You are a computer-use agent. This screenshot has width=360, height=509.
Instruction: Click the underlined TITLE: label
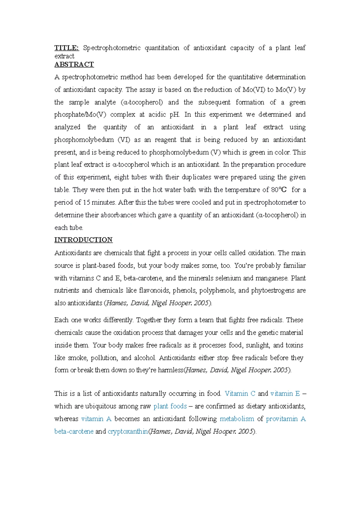[x=67, y=48]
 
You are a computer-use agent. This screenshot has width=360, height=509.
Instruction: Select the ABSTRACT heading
[x=74, y=64]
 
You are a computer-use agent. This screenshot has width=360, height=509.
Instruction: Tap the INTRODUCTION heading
[x=83, y=240]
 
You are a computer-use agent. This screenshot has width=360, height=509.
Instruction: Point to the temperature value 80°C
[x=277, y=190]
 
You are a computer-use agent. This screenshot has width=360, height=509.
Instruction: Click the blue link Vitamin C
[x=240, y=394]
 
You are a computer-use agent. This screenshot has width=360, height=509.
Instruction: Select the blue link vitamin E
[x=285, y=394]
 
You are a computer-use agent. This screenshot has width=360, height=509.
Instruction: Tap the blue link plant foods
[x=170, y=406]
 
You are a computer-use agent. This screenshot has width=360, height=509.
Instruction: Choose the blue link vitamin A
[x=96, y=419]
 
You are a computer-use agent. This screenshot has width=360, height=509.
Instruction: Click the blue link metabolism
[x=237, y=419]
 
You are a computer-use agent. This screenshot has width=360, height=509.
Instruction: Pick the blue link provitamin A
[x=286, y=419]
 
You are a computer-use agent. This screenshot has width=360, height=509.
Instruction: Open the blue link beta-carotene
[x=74, y=431]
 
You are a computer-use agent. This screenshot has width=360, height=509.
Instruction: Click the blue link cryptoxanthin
[x=128, y=431]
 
